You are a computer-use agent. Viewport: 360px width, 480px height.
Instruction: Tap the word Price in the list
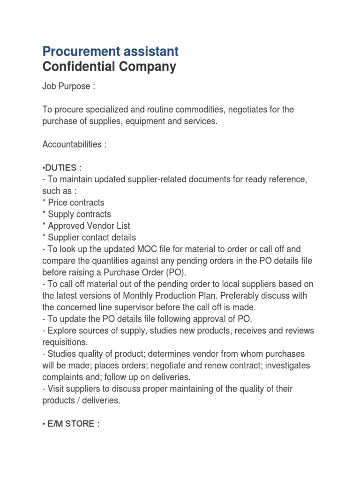[59, 202]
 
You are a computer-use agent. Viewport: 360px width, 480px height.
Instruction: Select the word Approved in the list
[67, 226]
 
